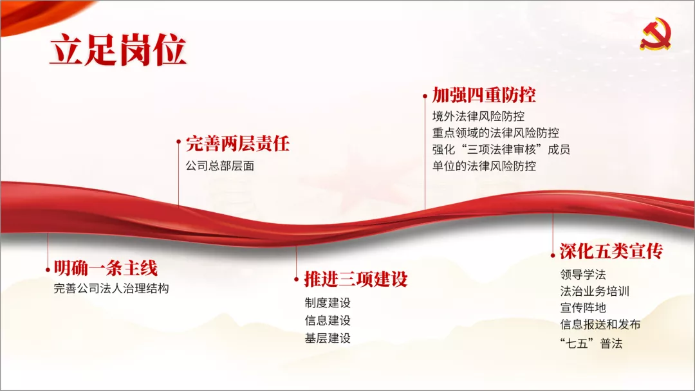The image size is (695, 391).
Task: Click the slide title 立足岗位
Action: click(x=118, y=50)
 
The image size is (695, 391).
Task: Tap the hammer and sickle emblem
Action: click(x=656, y=33)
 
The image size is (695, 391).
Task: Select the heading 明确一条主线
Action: click(x=106, y=268)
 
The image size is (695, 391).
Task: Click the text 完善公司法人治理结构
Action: click(x=111, y=289)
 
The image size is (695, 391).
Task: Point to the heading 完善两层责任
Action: click(x=237, y=143)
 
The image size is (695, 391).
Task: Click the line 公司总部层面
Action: click(x=220, y=166)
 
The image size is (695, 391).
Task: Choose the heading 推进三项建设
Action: click(x=356, y=279)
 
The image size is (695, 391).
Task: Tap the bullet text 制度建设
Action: click(x=328, y=303)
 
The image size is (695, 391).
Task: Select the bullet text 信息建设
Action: click(x=328, y=320)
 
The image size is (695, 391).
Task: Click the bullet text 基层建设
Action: click(x=328, y=338)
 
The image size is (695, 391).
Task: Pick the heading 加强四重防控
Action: click(x=484, y=95)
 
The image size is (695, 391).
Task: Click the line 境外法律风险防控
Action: click(x=479, y=116)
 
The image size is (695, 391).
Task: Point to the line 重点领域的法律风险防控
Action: click(x=496, y=133)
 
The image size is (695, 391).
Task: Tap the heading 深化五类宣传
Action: click(x=612, y=251)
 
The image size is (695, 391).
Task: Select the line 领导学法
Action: click(x=583, y=275)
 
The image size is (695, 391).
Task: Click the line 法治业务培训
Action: click(x=595, y=291)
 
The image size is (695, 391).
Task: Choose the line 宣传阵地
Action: click(x=583, y=308)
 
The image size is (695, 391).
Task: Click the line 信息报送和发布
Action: click(x=600, y=325)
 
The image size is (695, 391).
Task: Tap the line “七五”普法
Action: click(x=591, y=343)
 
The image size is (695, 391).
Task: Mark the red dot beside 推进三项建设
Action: click(x=297, y=279)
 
